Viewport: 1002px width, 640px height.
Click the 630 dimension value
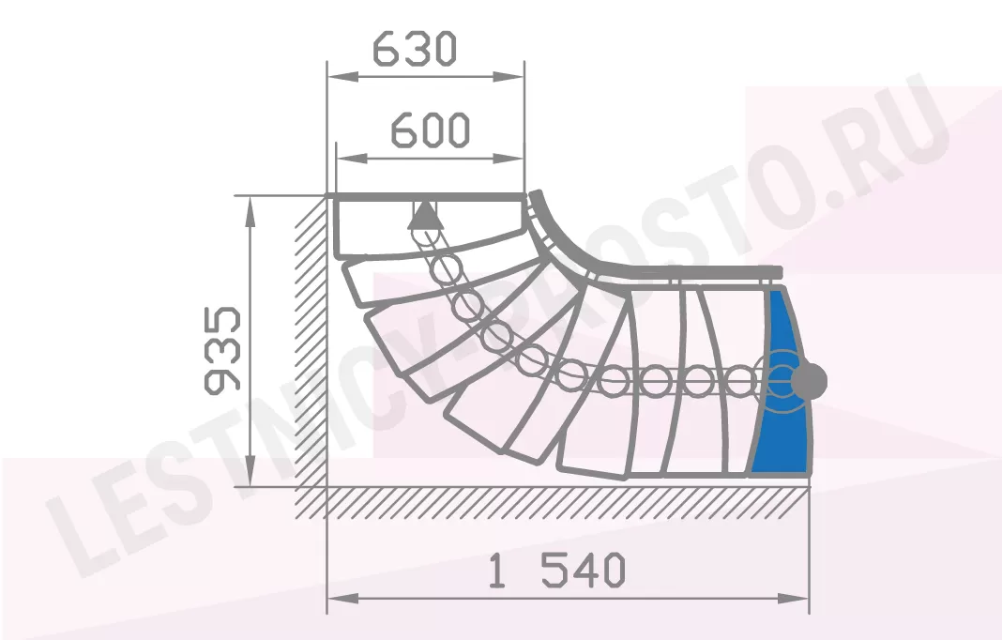pyautogui.click(x=415, y=49)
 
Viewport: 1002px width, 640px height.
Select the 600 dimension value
pyautogui.click(x=430, y=130)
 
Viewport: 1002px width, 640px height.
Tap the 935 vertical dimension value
pyautogui.click(x=222, y=350)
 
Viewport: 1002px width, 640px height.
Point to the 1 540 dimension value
pyautogui.click(x=556, y=571)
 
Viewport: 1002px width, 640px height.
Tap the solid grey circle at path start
pyautogui.click(x=809, y=381)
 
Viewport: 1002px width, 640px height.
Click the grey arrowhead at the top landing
pyautogui.click(x=426, y=216)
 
